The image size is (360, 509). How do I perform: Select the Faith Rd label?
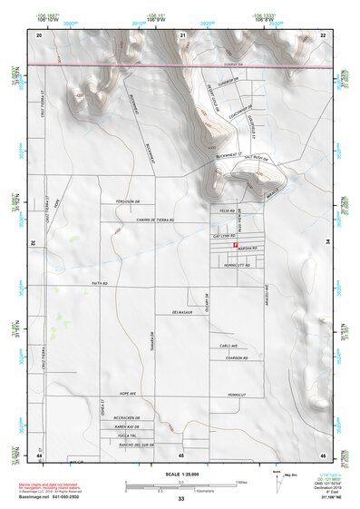point(99,284)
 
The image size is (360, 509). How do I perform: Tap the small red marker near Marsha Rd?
point(236,245)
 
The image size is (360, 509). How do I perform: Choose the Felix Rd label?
point(227,209)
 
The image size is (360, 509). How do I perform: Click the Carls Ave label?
point(228,346)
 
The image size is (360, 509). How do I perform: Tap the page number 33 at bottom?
point(180,499)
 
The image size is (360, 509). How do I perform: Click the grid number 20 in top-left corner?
point(39,34)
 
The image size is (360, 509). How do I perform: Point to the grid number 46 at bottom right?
point(322,454)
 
